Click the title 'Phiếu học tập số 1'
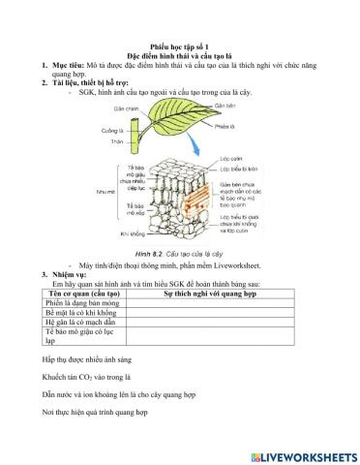coord(181,46)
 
